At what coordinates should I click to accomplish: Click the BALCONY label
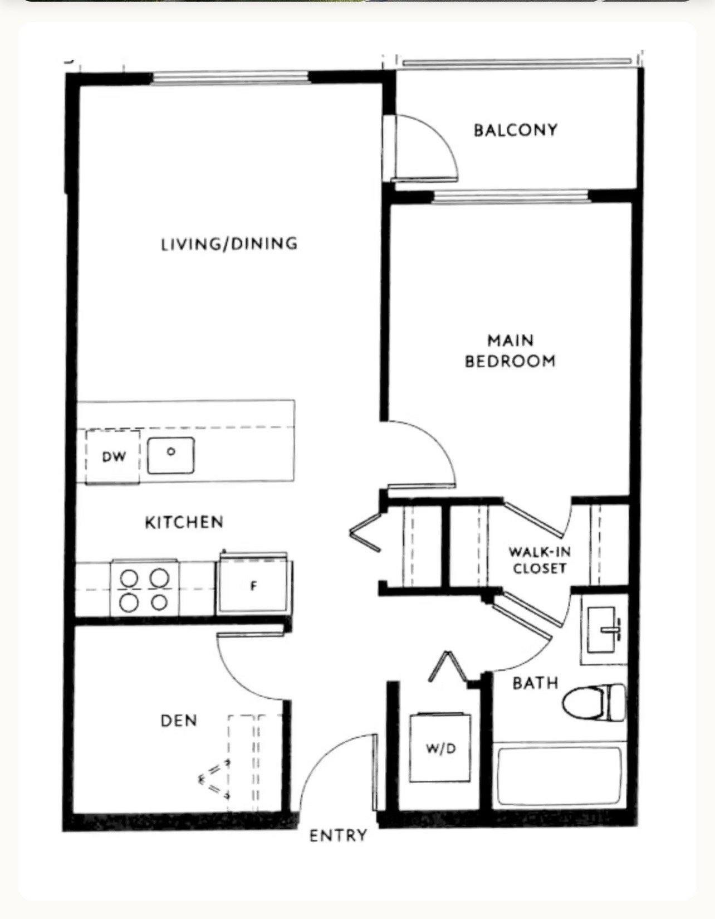coord(515,130)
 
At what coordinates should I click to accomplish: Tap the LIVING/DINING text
coord(229,244)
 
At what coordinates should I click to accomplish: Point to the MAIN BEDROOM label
coord(510,351)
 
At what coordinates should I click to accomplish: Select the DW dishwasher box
coord(113,456)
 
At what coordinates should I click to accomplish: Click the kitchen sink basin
coord(171,455)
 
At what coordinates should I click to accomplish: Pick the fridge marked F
coord(254,585)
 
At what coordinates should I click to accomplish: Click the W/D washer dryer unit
coord(440,748)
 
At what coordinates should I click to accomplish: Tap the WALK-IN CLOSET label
coord(539,560)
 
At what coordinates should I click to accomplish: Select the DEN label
coord(179,721)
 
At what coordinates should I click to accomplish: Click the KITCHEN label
coord(184,522)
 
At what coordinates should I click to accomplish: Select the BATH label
coord(535,683)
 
